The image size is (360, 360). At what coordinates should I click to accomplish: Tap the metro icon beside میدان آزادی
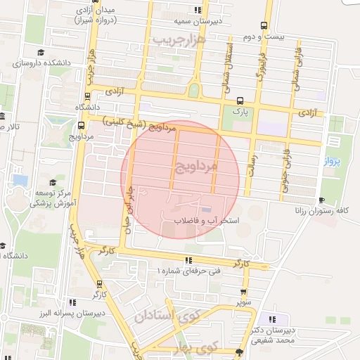coord(86,10)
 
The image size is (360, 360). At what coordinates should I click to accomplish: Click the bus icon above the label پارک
coord(240,100)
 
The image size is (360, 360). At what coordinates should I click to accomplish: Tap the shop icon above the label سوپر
coord(243,291)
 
